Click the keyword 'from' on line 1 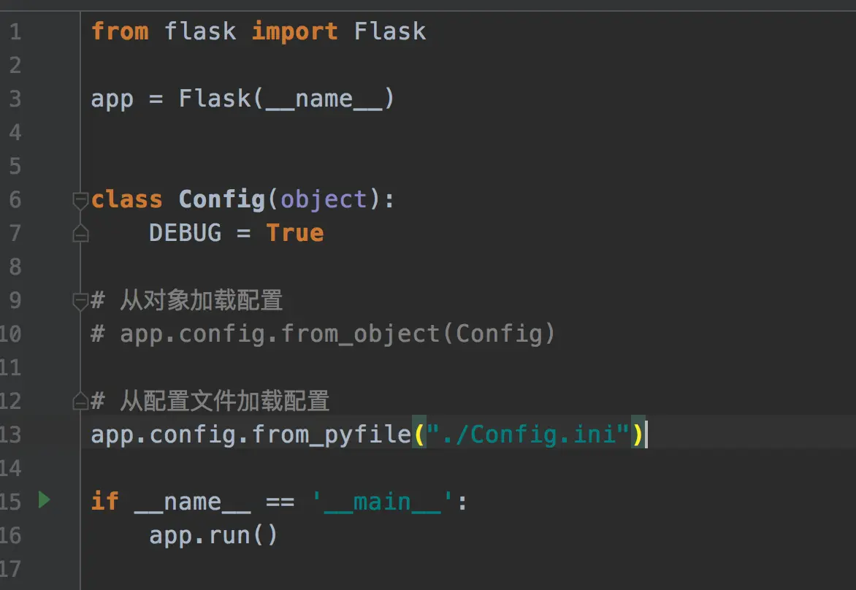tap(120, 31)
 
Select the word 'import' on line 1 tap(294, 31)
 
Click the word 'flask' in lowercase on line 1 tap(200, 31)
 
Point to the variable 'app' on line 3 tap(112, 99)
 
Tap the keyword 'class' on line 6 tap(127, 199)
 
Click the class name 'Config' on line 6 tap(221, 199)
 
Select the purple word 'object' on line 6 tap(324, 199)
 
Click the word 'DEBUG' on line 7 tap(185, 233)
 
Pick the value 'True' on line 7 tap(294, 233)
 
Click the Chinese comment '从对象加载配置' tap(201, 300)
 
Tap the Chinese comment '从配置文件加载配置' tap(224, 401)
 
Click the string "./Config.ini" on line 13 tap(529, 434)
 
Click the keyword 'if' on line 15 tap(104, 502)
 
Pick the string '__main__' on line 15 tap(383, 502)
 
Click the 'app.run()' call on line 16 tap(213, 535)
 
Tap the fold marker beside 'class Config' tap(80, 199)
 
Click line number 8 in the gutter tap(15, 267)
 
